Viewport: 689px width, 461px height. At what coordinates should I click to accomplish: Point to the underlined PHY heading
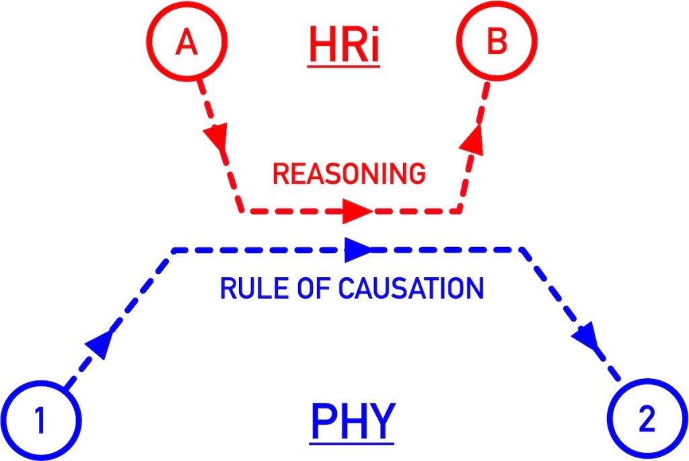click(351, 422)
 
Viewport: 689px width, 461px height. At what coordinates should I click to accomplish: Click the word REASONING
click(349, 174)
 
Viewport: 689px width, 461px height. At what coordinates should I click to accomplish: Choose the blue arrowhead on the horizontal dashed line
click(357, 250)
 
